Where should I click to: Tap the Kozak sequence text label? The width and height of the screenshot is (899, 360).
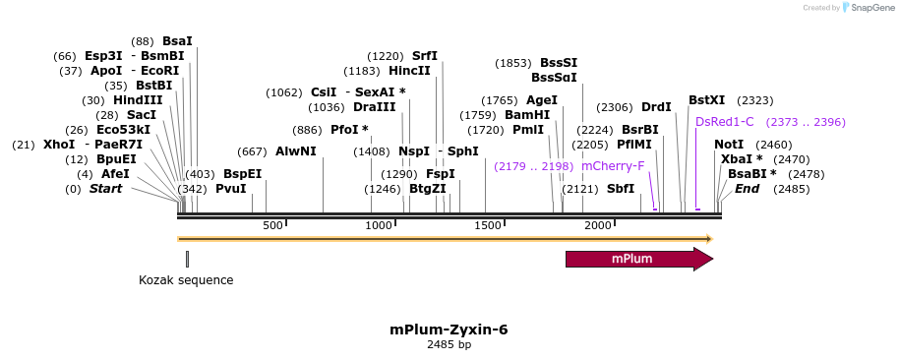[x=186, y=279]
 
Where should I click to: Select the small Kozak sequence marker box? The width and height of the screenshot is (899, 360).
[x=187, y=259]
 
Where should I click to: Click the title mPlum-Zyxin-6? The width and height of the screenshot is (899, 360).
[x=449, y=330]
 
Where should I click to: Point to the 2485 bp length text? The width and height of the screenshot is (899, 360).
[x=449, y=345]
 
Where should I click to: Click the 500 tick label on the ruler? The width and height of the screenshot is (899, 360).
[x=273, y=226]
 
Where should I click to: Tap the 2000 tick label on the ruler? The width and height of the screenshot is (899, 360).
[x=600, y=226]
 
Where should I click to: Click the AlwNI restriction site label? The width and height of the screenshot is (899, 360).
[x=296, y=151]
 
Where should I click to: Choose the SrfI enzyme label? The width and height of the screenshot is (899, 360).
[x=425, y=56]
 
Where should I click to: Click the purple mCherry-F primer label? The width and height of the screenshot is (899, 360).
[x=613, y=166]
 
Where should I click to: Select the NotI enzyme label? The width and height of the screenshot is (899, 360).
[x=729, y=145]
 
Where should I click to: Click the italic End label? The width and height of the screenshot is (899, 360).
[x=748, y=188]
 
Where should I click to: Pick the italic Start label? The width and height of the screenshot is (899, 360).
[x=106, y=188]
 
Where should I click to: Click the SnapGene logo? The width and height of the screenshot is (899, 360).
[x=867, y=8]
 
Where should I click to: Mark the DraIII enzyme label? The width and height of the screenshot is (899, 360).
[x=375, y=107]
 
